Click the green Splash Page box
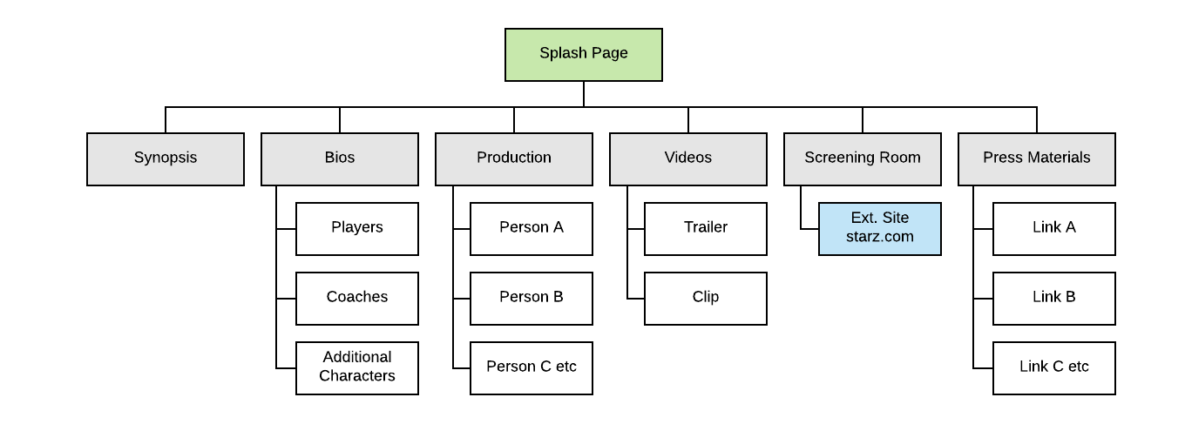click(x=584, y=55)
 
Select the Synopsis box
click(x=166, y=158)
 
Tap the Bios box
click(x=340, y=158)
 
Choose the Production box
click(x=514, y=158)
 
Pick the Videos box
click(x=688, y=158)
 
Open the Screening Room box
click(x=863, y=158)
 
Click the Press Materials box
click(x=1037, y=158)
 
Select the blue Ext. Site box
click(x=880, y=229)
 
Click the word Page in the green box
click(x=609, y=53)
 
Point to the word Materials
click(x=1058, y=158)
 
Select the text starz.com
click(x=880, y=237)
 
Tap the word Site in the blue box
click(x=895, y=218)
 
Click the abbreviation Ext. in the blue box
click(x=863, y=218)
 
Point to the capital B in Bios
click(x=329, y=158)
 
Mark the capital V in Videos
click(x=669, y=158)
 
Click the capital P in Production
click(x=481, y=158)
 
